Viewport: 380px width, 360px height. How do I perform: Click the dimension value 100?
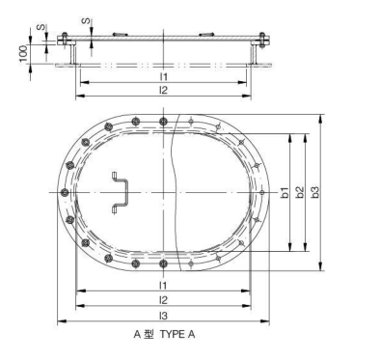pos(20,50)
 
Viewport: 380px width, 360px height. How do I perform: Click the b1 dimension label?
pos(285,193)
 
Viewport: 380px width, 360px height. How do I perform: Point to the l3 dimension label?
pos(164,316)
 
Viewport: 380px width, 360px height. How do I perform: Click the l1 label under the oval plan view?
pos(164,286)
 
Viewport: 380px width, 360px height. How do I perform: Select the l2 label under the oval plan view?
pos(164,300)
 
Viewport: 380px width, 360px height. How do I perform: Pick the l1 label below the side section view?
pos(164,75)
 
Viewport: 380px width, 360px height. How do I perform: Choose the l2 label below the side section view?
pos(164,90)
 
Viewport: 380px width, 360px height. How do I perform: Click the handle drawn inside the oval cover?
pos(120,191)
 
